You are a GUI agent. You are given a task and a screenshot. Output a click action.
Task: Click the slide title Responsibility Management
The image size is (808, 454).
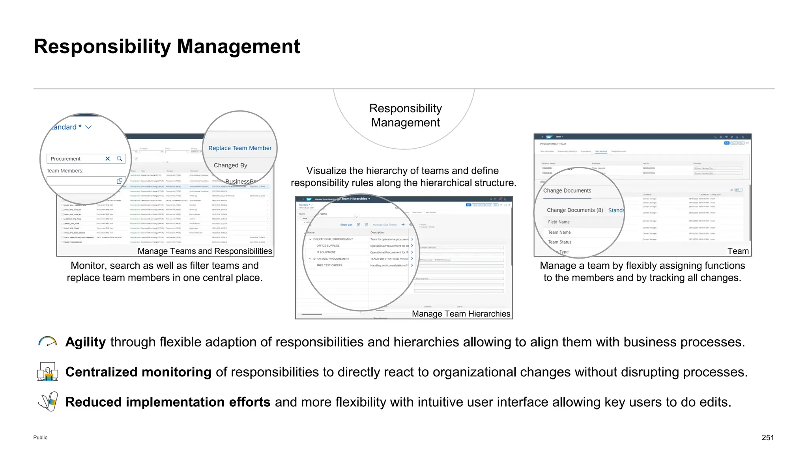click(x=166, y=47)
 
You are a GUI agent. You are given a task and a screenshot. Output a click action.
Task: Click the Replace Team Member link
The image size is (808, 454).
click(x=240, y=148)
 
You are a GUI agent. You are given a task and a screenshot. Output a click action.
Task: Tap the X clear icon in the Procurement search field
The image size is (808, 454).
click(x=107, y=159)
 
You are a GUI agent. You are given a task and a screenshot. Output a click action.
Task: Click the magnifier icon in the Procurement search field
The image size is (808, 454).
click(x=120, y=159)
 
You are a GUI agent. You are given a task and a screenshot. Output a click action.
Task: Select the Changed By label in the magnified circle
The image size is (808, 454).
click(x=230, y=166)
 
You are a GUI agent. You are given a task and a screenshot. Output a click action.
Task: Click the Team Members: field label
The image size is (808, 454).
click(x=65, y=171)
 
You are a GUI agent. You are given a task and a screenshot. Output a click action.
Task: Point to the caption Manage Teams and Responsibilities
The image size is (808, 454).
click(x=205, y=251)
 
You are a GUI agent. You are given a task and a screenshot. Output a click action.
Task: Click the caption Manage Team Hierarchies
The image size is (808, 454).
click(x=461, y=314)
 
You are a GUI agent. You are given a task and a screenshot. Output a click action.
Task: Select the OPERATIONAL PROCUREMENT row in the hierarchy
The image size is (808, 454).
click(x=333, y=239)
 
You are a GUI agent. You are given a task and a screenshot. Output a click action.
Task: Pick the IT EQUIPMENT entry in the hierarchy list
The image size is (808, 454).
click(x=326, y=252)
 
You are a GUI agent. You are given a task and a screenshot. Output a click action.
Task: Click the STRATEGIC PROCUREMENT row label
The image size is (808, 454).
click(x=331, y=259)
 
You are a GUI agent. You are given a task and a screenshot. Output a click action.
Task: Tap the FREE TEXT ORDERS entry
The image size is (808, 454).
click(x=329, y=265)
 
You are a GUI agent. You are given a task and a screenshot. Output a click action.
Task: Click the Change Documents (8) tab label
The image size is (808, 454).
click(x=574, y=210)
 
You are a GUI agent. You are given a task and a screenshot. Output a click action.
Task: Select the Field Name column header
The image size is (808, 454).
click(x=559, y=222)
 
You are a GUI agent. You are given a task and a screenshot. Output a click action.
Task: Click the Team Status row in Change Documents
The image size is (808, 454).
click(x=559, y=242)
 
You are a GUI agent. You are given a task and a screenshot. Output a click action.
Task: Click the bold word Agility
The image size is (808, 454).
click(x=86, y=342)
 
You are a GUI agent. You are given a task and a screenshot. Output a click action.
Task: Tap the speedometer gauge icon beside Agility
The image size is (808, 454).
click(x=48, y=341)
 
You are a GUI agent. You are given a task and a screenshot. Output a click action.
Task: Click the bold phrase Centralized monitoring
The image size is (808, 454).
click(x=138, y=372)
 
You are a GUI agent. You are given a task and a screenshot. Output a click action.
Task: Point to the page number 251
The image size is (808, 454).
click(x=767, y=437)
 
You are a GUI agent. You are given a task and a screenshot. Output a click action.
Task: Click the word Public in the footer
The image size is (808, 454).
click(x=40, y=437)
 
